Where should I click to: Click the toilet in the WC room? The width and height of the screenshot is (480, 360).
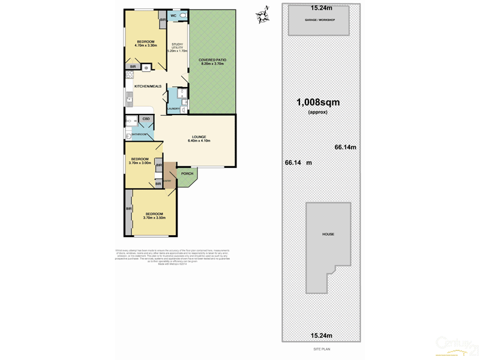click(x=182, y=16)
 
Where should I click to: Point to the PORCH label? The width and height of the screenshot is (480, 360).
click(x=187, y=174)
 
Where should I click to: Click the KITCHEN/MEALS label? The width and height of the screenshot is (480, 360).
click(x=148, y=86)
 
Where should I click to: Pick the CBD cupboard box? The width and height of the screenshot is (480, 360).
click(x=146, y=119)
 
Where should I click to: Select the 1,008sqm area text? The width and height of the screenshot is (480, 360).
click(x=317, y=102)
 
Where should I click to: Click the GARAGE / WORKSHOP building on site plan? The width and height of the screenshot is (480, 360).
click(x=319, y=20)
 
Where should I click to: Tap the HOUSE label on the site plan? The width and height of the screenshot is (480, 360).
click(x=328, y=234)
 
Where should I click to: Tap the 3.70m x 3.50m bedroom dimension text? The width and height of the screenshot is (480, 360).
click(x=154, y=218)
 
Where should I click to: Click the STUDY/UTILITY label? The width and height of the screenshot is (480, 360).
click(x=178, y=47)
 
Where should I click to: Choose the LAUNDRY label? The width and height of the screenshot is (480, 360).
click(x=173, y=109)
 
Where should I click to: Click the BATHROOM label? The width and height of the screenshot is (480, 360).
click(x=139, y=134)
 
